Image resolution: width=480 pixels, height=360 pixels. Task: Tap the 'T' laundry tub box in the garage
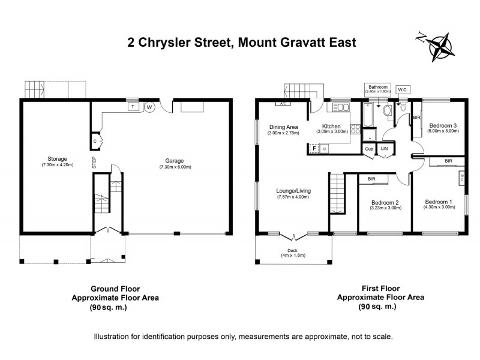tap(132, 107)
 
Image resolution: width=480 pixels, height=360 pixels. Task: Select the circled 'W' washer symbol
tap(149, 107)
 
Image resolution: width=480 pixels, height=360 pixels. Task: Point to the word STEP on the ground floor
tap(94, 161)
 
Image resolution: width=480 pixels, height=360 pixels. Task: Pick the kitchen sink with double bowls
tap(340, 107)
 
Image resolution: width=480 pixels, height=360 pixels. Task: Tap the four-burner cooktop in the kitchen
tap(355, 128)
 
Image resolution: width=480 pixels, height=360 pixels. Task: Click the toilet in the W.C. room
tap(403, 108)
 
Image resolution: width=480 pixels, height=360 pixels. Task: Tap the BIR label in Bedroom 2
tap(371, 178)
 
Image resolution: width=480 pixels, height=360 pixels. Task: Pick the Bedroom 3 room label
tap(442, 125)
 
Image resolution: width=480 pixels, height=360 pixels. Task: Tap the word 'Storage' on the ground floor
tap(57, 159)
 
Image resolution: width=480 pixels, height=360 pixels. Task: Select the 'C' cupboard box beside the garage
tap(95, 141)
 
